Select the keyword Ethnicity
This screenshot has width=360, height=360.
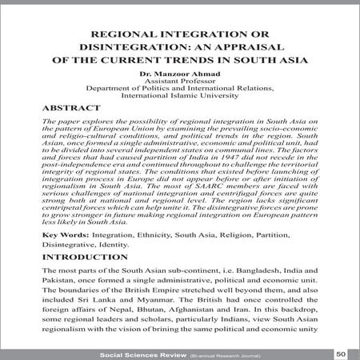(146, 234)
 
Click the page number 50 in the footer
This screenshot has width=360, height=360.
(341, 351)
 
